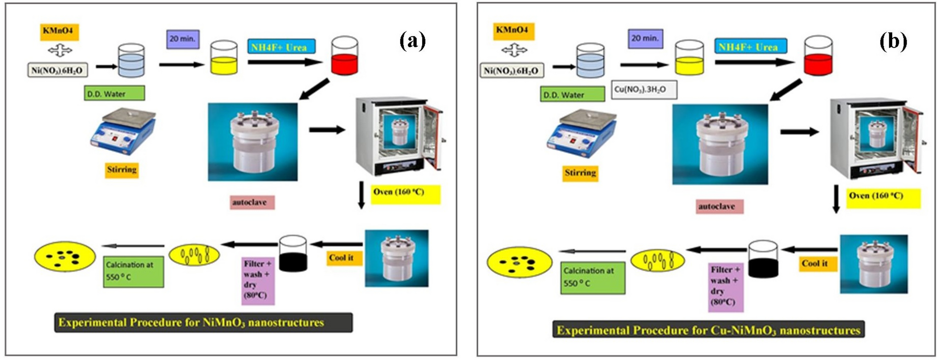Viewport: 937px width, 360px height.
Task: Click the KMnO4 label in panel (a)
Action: point(59,32)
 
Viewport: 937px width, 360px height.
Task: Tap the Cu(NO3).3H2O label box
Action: point(644,89)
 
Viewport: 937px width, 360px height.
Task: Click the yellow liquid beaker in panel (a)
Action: point(224,58)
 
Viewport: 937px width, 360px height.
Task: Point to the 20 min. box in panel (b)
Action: point(645,38)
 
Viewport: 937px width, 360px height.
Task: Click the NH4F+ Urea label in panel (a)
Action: point(281,47)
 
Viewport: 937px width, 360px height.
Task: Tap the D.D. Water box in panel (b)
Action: point(572,94)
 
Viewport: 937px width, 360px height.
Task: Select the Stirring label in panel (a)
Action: point(121,169)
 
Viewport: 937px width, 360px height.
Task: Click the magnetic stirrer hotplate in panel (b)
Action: point(579,133)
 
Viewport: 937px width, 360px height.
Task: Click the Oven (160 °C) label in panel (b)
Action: point(882,197)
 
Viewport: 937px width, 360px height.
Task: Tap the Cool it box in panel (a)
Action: point(344,258)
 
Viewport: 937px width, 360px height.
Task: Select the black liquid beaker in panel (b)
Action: point(763,260)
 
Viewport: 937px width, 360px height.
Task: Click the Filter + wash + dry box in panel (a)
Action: point(258,280)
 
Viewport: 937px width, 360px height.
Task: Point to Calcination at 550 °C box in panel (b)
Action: point(592,277)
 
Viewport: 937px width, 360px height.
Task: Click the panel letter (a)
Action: point(413,41)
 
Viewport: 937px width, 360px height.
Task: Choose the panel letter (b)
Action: point(893,42)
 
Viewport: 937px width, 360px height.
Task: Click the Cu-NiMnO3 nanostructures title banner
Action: point(708,330)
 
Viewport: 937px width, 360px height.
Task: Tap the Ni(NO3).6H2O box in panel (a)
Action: point(57,71)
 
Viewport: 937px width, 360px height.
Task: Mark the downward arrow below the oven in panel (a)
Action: point(361,195)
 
